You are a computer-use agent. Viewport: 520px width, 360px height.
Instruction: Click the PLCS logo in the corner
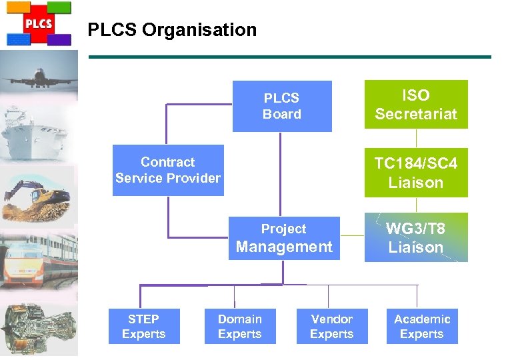(x=38, y=23)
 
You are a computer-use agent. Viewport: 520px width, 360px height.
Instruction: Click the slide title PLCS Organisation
(x=172, y=30)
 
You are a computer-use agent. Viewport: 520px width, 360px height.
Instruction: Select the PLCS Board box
(x=282, y=106)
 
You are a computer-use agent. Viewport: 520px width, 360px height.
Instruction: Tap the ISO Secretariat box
(x=416, y=105)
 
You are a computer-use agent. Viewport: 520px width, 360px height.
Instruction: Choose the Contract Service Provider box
(x=168, y=171)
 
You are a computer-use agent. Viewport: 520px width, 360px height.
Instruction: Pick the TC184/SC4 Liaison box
(x=416, y=173)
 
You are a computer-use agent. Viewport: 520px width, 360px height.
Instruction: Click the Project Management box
(x=284, y=238)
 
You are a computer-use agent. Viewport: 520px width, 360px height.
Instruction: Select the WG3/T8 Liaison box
(x=416, y=237)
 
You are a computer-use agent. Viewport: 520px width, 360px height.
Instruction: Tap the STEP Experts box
(x=144, y=326)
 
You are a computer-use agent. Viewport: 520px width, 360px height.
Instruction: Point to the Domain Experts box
(x=240, y=326)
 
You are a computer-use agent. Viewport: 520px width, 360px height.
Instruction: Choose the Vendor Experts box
(x=332, y=326)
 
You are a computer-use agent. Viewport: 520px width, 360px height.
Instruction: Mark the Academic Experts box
(x=422, y=326)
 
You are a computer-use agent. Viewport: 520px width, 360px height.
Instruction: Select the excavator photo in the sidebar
(x=39, y=194)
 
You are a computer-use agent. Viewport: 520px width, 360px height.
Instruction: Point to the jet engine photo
(x=39, y=327)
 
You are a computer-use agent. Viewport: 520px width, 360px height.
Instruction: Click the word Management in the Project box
(x=284, y=247)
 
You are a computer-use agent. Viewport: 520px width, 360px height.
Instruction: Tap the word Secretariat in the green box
(x=416, y=114)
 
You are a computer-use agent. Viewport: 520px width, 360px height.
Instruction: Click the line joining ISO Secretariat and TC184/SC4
(x=417, y=138)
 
